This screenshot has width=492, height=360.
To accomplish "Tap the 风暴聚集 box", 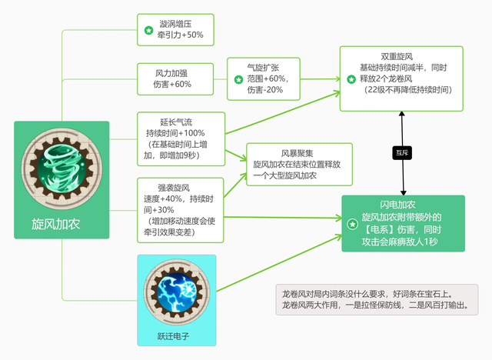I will [x=300, y=164].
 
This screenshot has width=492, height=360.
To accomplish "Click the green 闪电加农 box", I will [x=404, y=224].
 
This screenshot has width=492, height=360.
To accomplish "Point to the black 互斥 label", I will [x=401, y=152].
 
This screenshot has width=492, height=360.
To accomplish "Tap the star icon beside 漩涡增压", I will [x=148, y=31].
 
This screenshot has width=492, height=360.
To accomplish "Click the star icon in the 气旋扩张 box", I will [x=239, y=79].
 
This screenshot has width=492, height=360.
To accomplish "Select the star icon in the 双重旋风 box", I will [x=352, y=78].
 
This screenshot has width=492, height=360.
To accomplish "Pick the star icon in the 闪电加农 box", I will [x=351, y=224].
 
